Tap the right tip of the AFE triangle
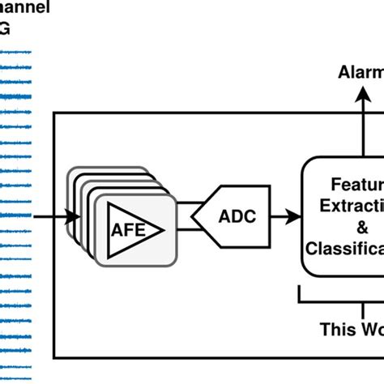(x=165, y=229)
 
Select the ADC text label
(x=237, y=217)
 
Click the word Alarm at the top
(x=360, y=75)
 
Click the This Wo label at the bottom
(x=351, y=329)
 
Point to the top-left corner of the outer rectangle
(x=54, y=113)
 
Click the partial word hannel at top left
(x=24, y=9)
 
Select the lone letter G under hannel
(x=6, y=31)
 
